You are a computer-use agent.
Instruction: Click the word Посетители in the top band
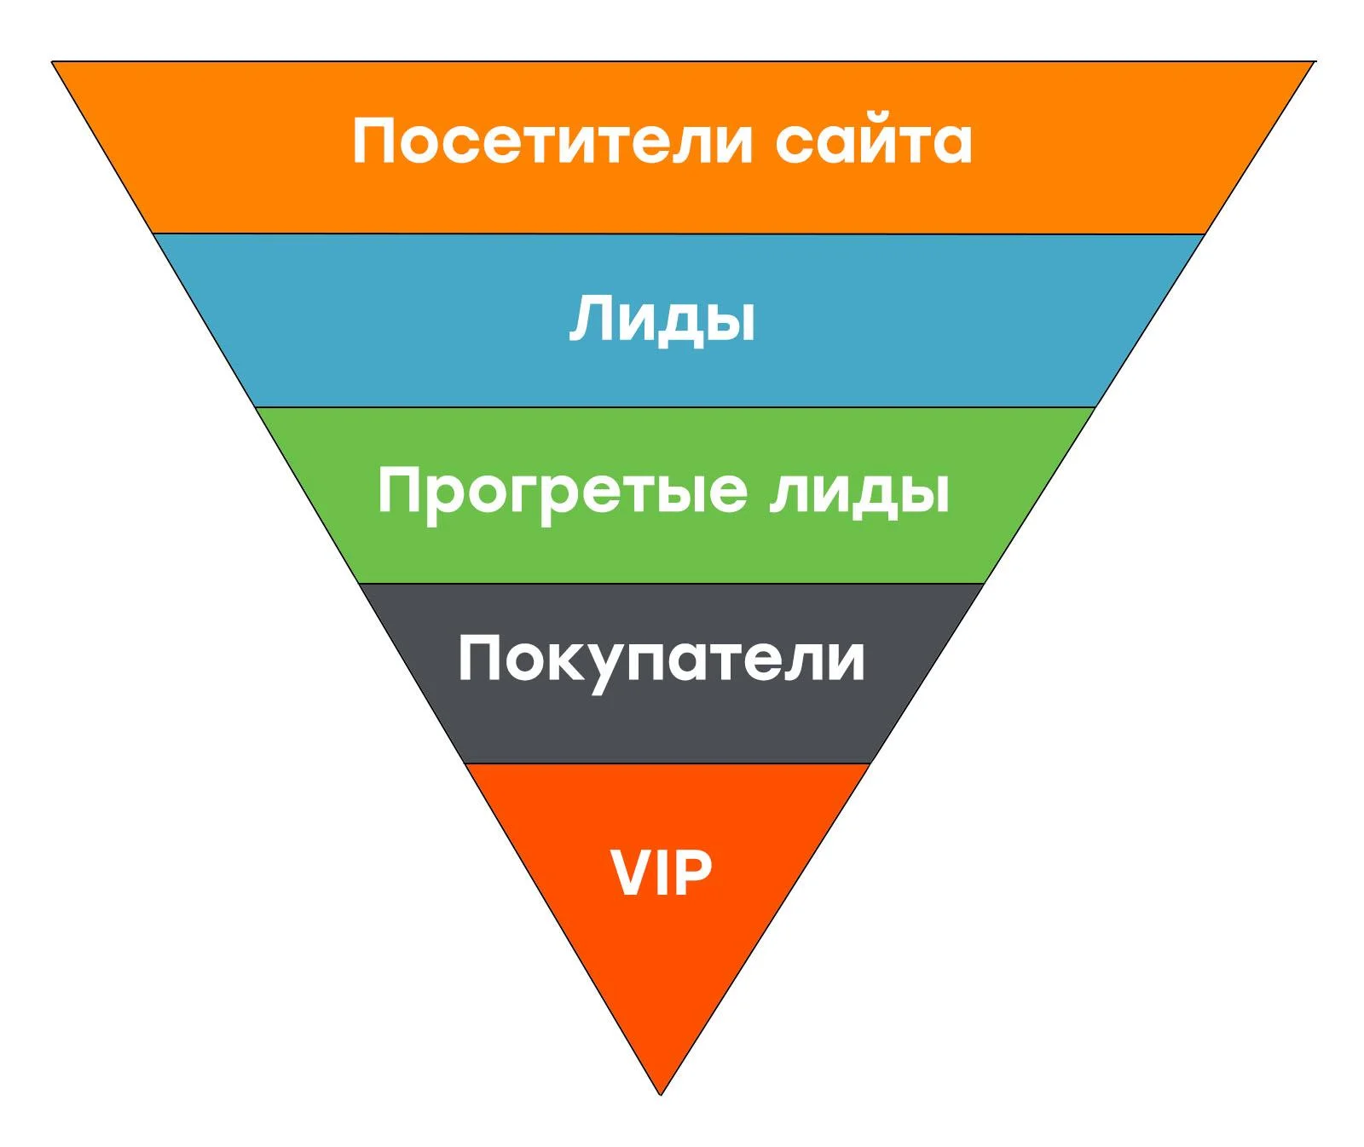(x=552, y=141)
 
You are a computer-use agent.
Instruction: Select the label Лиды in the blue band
(x=662, y=320)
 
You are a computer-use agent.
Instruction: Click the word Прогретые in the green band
(x=563, y=493)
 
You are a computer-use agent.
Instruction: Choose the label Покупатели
(x=662, y=661)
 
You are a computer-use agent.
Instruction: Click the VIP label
(x=662, y=873)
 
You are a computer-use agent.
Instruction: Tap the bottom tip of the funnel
(x=661, y=1095)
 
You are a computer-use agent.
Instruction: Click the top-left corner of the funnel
(x=52, y=61)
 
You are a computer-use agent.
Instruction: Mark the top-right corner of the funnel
(x=1315, y=61)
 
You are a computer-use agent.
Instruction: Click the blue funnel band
(x=678, y=320)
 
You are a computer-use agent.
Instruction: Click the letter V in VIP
(x=632, y=873)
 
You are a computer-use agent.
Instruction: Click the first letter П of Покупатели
(x=479, y=658)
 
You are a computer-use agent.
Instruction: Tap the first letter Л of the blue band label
(x=590, y=319)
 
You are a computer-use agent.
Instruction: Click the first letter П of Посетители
(x=373, y=141)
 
